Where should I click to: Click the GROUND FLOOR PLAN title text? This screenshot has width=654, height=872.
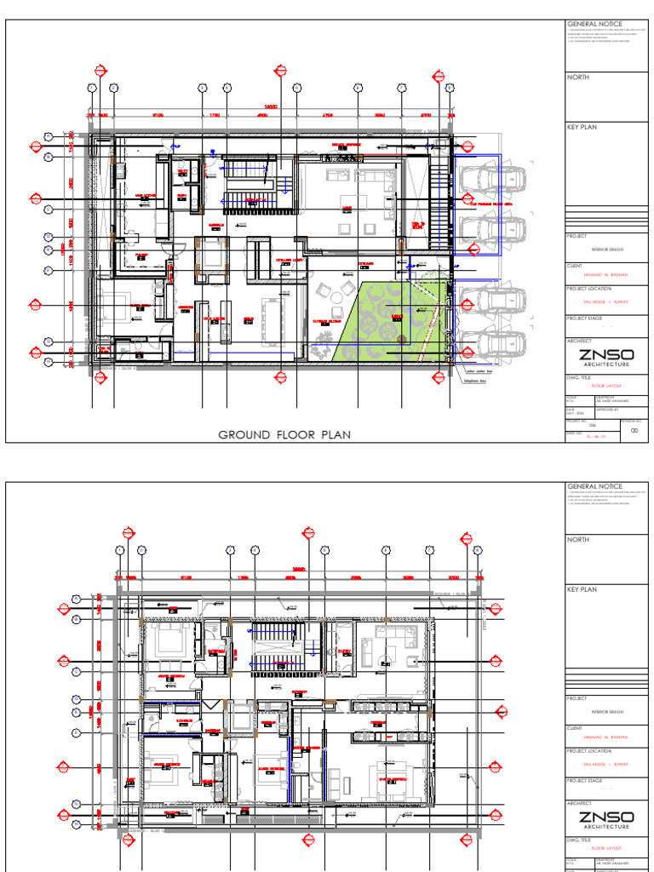click(x=285, y=434)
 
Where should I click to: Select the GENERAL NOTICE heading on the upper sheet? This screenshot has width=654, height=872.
click(x=595, y=24)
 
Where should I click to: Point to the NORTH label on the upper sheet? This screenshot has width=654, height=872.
click(x=578, y=77)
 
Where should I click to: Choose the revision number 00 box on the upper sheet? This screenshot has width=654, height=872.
click(x=633, y=432)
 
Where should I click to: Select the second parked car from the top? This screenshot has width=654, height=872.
click(x=491, y=226)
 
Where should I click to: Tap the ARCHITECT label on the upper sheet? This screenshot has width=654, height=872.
click(x=580, y=340)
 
